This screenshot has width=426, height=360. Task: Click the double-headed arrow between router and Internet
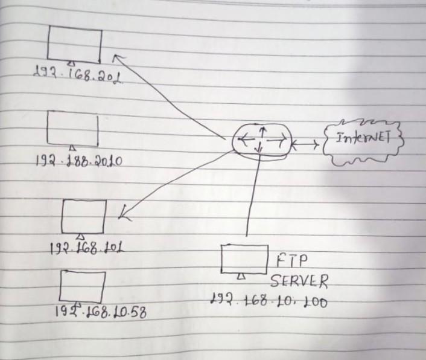pos(305,145)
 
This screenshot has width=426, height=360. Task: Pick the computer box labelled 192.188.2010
pos(72,128)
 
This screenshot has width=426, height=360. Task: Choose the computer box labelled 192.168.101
pos(84,216)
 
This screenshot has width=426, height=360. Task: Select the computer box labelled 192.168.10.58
pos(82,287)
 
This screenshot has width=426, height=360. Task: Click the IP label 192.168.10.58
pos(101,312)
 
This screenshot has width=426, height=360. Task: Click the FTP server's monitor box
pos(244,258)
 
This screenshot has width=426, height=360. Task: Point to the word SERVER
pos(299,281)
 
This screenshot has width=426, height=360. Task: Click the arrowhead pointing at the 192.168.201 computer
pos(116,57)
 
